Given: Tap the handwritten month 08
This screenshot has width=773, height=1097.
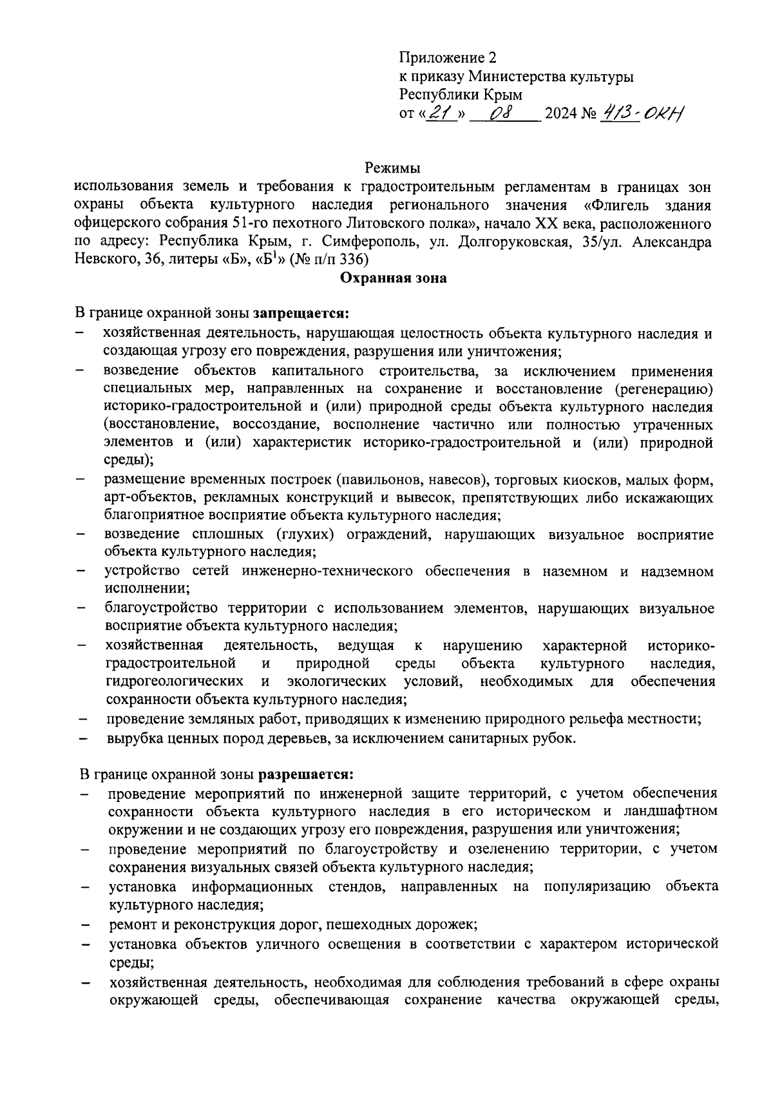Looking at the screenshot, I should click(501, 114).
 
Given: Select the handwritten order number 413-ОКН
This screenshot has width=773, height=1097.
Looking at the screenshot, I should click(642, 113).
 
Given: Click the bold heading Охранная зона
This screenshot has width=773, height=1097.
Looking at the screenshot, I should click(393, 278).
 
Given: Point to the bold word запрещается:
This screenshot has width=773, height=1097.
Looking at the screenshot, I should click(301, 314).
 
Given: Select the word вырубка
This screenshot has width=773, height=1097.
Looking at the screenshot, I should click(132, 738).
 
